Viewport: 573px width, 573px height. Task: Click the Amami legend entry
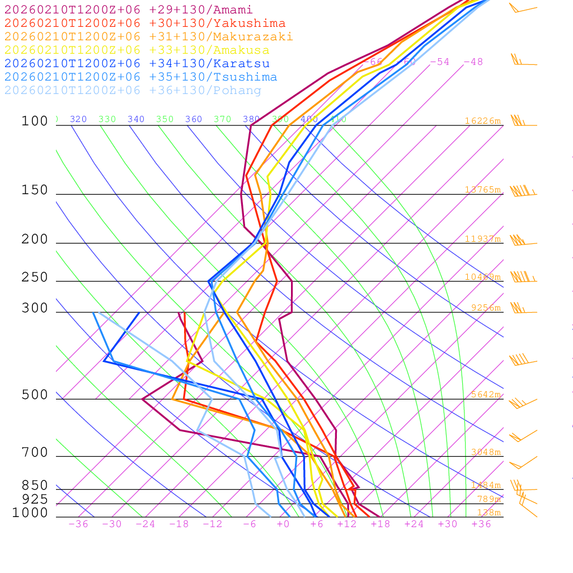tap(128, 10)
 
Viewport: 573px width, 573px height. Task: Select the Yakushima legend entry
tap(145, 24)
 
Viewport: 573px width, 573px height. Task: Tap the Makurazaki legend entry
tap(148, 37)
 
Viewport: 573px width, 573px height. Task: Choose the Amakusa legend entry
tap(137, 50)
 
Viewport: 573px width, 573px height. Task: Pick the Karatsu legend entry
tap(137, 64)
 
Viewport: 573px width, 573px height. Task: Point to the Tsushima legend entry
tap(140, 77)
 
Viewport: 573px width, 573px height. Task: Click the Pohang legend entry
tap(133, 91)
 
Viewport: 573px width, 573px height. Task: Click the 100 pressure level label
tap(35, 121)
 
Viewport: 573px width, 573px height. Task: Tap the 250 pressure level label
tap(35, 278)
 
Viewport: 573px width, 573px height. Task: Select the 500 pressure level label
tap(35, 395)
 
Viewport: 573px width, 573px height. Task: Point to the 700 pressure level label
tap(35, 453)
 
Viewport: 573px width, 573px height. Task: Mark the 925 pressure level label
tap(35, 499)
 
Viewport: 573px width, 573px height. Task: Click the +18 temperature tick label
tap(380, 524)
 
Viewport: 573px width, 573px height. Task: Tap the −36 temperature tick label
tap(78, 524)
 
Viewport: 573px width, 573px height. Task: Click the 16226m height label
tap(482, 121)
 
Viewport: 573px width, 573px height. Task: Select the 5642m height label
tap(485, 394)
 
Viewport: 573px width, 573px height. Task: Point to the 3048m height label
tap(485, 452)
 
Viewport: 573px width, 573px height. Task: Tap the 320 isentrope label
tap(78, 119)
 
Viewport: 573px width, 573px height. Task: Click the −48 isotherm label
tap(473, 62)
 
